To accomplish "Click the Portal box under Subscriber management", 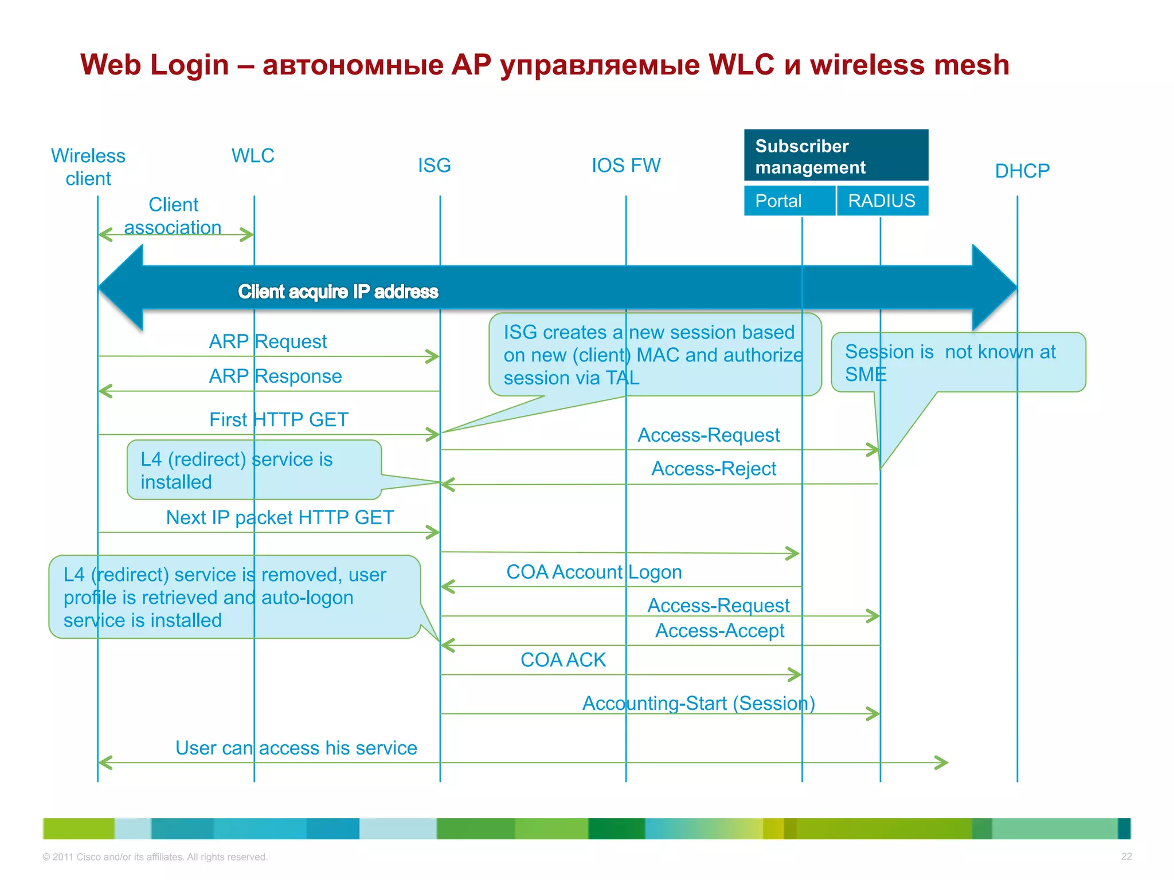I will click(x=789, y=201).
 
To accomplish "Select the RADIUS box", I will click(x=882, y=201).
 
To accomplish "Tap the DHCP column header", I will click(x=1022, y=171).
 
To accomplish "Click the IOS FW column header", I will click(x=626, y=166).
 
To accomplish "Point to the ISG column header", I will click(x=434, y=166).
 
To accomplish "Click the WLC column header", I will click(x=253, y=156).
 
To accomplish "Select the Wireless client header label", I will click(x=88, y=167).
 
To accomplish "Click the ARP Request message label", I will click(x=268, y=341).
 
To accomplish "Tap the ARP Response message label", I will click(x=275, y=376).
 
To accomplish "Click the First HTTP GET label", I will click(x=279, y=419).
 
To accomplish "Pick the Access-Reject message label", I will click(x=714, y=469).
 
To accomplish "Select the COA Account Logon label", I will click(x=594, y=572).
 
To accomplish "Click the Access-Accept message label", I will click(x=719, y=631).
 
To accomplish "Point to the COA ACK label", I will click(x=563, y=660).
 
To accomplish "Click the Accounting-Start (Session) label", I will click(x=698, y=703).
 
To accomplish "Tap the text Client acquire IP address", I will click(x=338, y=292).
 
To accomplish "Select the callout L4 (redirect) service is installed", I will click(x=252, y=470).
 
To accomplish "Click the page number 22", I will click(x=1126, y=857).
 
